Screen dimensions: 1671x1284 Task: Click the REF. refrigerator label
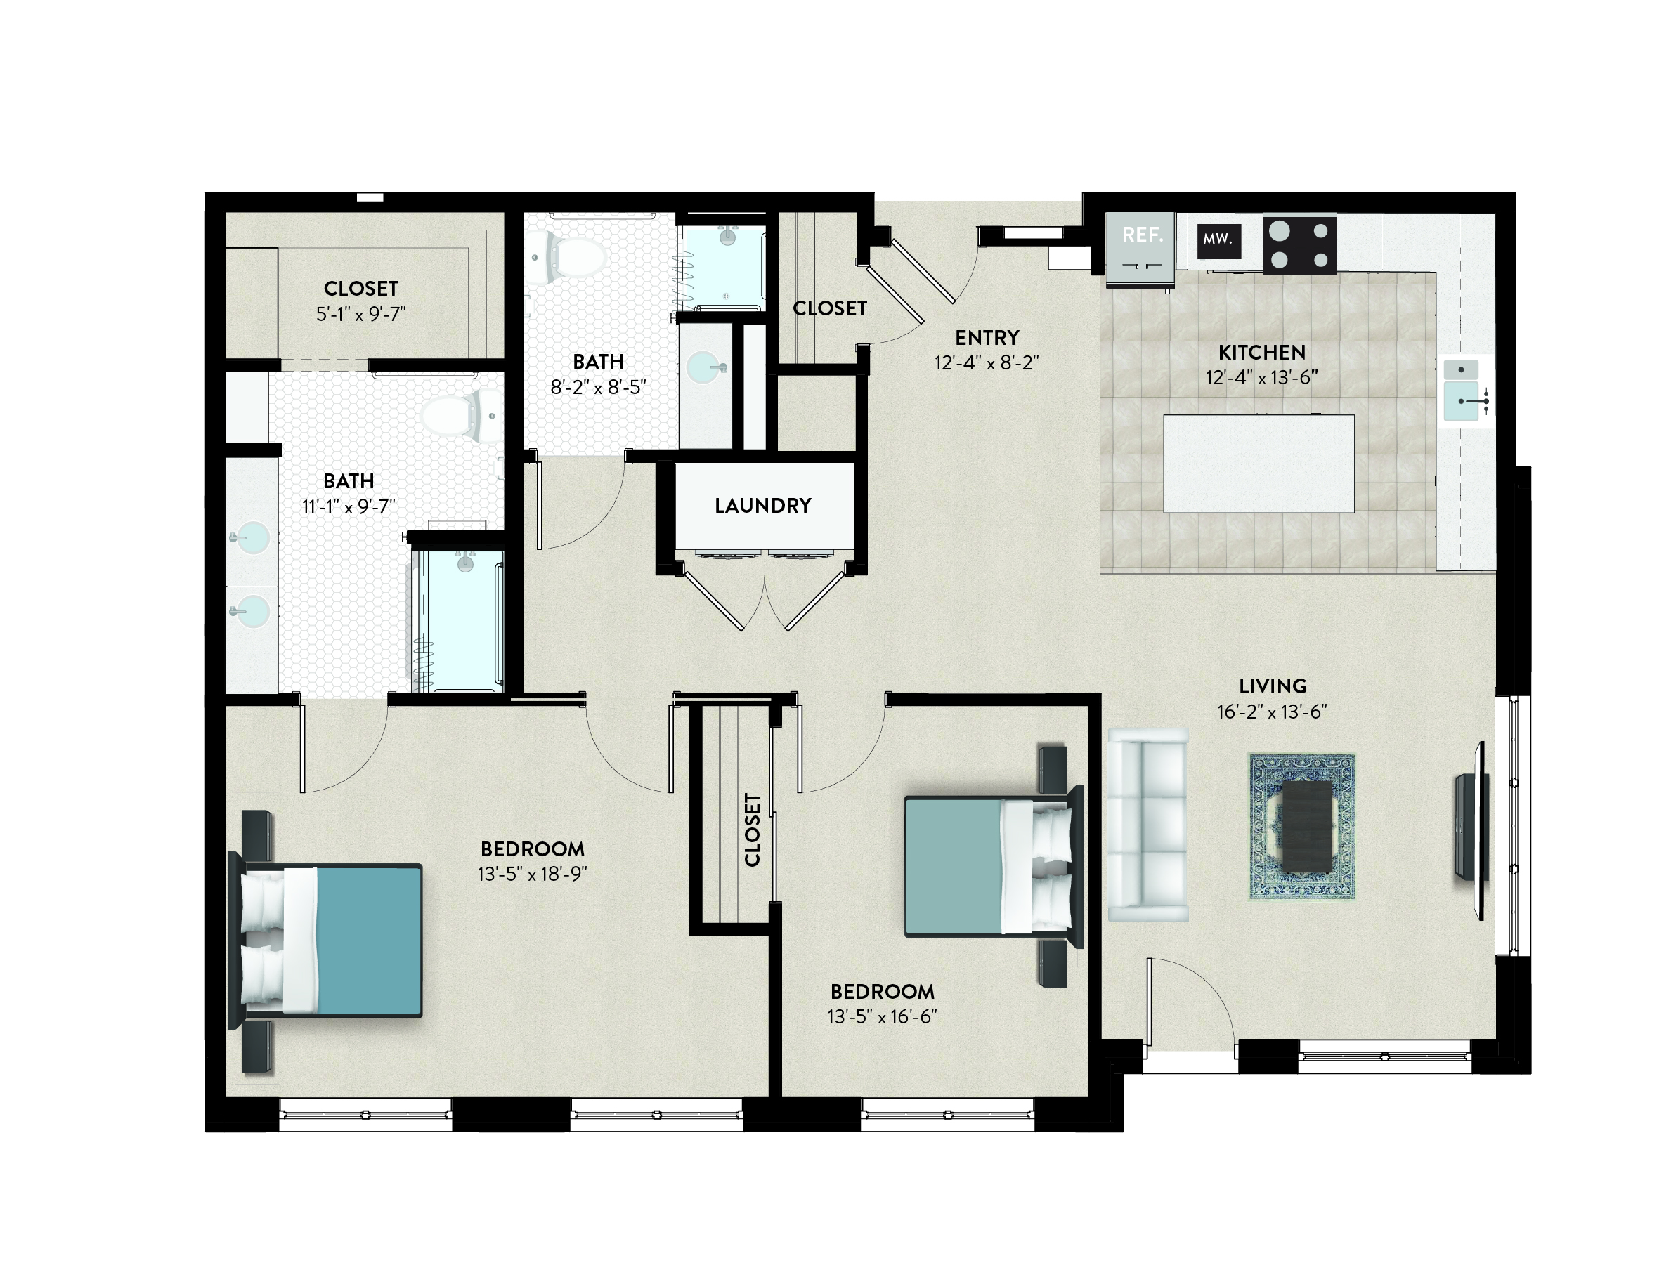(1142, 235)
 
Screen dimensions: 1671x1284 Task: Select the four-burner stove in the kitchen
(1299, 245)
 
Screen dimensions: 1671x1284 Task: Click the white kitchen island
(1259, 463)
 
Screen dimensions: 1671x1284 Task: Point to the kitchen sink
(1462, 391)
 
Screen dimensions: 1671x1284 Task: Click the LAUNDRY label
(763, 505)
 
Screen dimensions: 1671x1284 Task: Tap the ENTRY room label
(987, 337)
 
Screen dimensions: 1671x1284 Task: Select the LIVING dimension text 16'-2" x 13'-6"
(1272, 712)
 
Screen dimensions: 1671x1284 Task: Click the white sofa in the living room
(1148, 824)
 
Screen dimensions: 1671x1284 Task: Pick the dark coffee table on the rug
(1307, 826)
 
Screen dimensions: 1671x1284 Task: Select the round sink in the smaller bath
(704, 367)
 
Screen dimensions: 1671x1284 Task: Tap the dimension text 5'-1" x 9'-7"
(360, 314)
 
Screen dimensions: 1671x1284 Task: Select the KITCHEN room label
(1262, 353)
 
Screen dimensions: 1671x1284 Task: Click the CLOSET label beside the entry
(829, 308)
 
